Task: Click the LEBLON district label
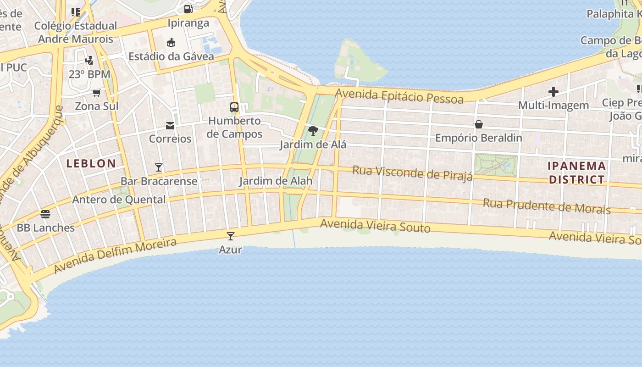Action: [91, 164]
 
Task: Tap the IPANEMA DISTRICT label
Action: [577, 172]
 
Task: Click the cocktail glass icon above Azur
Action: [231, 236]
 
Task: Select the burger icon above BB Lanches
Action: [45, 214]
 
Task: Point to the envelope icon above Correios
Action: [170, 125]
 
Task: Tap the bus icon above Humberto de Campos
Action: [234, 107]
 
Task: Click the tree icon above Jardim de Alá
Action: [313, 131]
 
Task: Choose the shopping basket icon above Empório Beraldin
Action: [478, 124]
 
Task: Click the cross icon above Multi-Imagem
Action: [553, 92]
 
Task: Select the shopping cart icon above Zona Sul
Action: [96, 93]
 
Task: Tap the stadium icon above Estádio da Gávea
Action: [171, 43]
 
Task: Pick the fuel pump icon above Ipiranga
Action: [188, 9]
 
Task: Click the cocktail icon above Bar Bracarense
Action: [159, 167]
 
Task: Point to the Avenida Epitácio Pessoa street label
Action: [399, 96]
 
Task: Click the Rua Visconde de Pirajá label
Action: [412, 173]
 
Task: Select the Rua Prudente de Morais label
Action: [547, 206]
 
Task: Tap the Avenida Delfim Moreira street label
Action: [115, 256]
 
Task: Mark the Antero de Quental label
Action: [119, 200]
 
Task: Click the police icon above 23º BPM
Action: [89, 60]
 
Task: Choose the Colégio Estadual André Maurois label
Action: [76, 32]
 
